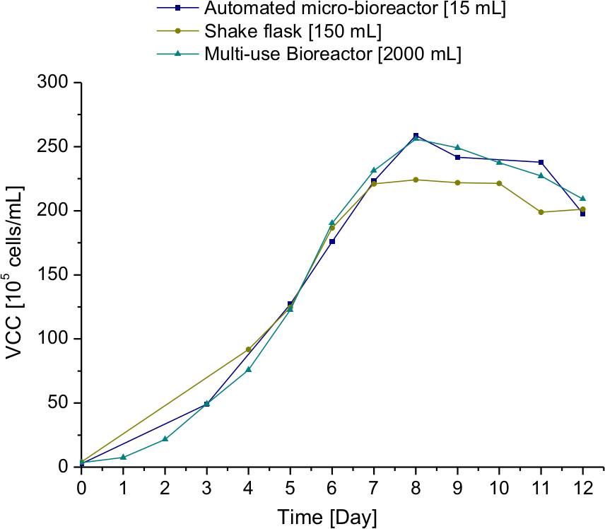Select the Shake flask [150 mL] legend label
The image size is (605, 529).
[293, 31]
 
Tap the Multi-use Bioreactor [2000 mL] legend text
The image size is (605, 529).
[333, 54]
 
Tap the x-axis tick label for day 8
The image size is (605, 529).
[416, 487]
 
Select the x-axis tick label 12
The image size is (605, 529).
[582, 487]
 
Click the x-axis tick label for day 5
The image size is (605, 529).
[290, 487]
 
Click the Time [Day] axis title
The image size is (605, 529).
[327, 516]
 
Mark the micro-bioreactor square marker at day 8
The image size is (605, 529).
[416, 136]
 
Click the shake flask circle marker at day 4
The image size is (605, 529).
[248, 349]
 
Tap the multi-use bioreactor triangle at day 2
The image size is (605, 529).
[165, 438]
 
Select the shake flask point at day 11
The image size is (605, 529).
[541, 212]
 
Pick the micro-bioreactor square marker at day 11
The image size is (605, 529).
[541, 163]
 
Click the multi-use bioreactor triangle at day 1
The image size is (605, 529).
[123, 457]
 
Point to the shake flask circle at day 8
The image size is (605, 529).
[416, 180]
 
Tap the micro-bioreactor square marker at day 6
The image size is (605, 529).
[332, 242]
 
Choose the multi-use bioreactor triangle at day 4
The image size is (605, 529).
[248, 369]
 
